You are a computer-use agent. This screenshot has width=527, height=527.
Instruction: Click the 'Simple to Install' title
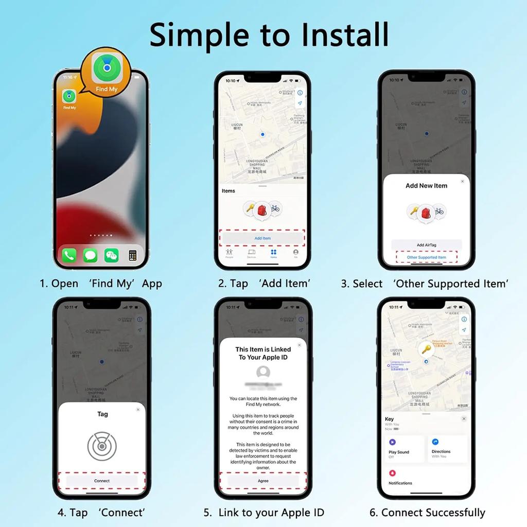pos(269,34)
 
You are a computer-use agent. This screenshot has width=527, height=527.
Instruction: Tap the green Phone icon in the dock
pos(69,255)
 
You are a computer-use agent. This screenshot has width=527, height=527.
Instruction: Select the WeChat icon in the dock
pos(111,255)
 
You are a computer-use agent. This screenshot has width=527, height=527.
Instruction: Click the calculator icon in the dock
pos(133,255)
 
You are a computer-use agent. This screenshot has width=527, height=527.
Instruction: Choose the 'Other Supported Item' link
pos(426,257)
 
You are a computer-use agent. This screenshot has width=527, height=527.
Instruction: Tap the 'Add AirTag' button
pos(426,245)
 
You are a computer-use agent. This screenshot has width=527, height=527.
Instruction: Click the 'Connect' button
pos(102,481)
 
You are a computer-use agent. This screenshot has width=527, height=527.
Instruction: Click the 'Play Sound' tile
pos(404,448)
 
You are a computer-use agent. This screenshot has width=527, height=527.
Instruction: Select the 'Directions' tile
pos(447,448)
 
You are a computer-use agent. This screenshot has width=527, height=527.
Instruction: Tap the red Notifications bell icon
pos(393,473)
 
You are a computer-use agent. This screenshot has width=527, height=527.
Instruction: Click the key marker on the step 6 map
pos(426,349)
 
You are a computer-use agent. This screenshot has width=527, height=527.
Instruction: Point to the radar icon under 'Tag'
pos(102,446)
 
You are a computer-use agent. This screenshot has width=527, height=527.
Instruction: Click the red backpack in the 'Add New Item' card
pos(426,212)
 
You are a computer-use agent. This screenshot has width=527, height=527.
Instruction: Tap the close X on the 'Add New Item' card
pos(462,181)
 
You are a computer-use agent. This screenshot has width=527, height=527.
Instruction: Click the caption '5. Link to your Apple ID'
pos(263,513)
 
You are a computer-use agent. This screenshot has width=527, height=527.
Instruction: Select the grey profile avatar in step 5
pos(263,372)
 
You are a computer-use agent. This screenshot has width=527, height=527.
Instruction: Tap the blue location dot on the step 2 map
pos(262,134)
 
